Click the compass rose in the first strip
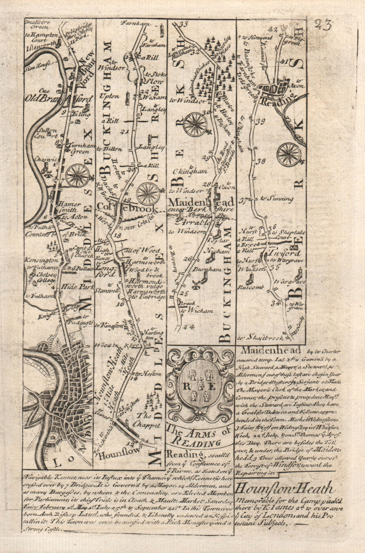77,175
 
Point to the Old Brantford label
59,99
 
